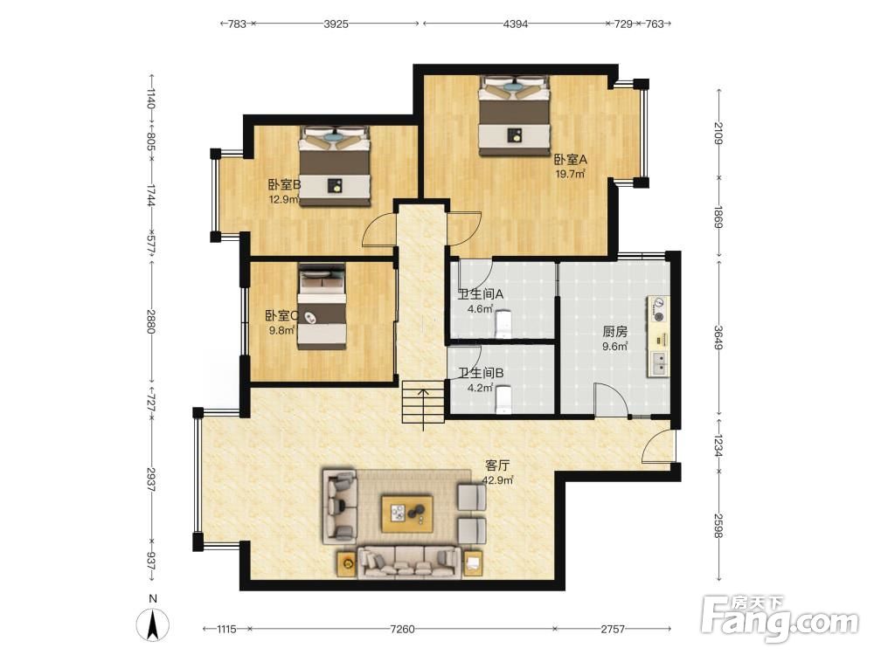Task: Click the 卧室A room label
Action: pos(570,160)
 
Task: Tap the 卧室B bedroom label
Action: pos(284,184)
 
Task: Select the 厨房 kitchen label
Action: pos(615,332)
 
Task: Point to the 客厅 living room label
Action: pos(497,465)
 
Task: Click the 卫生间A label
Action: pos(481,294)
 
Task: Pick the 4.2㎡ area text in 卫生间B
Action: pos(481,388)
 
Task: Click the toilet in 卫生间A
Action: pos(503,323)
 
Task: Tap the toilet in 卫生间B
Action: pos(503,399)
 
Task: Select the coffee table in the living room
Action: pos(407,513)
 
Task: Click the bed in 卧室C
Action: pos(323,307)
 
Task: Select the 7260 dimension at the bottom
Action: pos(402,630)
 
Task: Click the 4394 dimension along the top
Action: pos(515,24)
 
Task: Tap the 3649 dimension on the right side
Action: pos(718,337)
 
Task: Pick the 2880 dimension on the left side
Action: pos(150,321)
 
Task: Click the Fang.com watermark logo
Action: pos(780,617)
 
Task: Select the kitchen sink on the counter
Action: pos(659,362)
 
